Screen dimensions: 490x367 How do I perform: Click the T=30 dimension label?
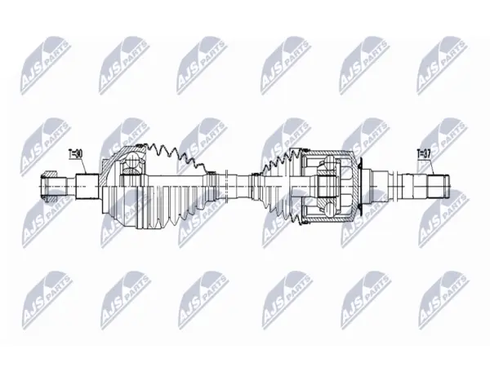coord(75,153)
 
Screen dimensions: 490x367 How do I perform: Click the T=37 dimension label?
coord(424,153)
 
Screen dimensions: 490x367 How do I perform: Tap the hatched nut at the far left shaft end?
coord(48,186)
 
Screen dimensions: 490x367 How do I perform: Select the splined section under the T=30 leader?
coord(87,186)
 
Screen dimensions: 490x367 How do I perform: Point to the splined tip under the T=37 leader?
coord(438,186)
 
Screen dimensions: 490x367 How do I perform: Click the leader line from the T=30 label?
coord(84,166)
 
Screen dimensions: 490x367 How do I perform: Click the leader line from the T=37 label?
coord(433,166)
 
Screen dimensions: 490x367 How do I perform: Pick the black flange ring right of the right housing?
coord(361,186)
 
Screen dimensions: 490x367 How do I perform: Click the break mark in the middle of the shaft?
coord(227,186)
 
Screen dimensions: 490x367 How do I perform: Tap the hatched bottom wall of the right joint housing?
coord(328,220)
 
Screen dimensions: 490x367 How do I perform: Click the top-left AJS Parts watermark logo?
coord(45,65)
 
